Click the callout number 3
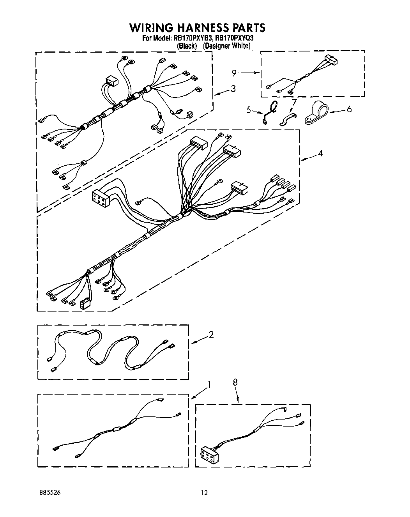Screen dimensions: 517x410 click(x=233, y=89)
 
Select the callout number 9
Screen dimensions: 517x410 click(x=234, y=73)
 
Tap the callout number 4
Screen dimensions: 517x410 click(x=320, y=153)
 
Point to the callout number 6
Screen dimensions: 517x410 click(x=349, y=109)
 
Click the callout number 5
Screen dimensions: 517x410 click(x=248, y=110)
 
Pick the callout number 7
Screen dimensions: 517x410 click(x=294, y=103)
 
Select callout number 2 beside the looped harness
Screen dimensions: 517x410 click(x=211, y=334)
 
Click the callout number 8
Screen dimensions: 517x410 click(x=235, y=383)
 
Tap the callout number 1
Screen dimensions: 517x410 click(x=209, y=385)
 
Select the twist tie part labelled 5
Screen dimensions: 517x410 click(x=270, y=112)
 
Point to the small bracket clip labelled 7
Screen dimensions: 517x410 click(x=288, y=120)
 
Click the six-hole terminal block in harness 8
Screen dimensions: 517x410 click(x=210, y=454)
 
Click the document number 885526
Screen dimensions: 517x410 click(x=49, y=493)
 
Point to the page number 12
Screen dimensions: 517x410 click(x=204, y=493)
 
